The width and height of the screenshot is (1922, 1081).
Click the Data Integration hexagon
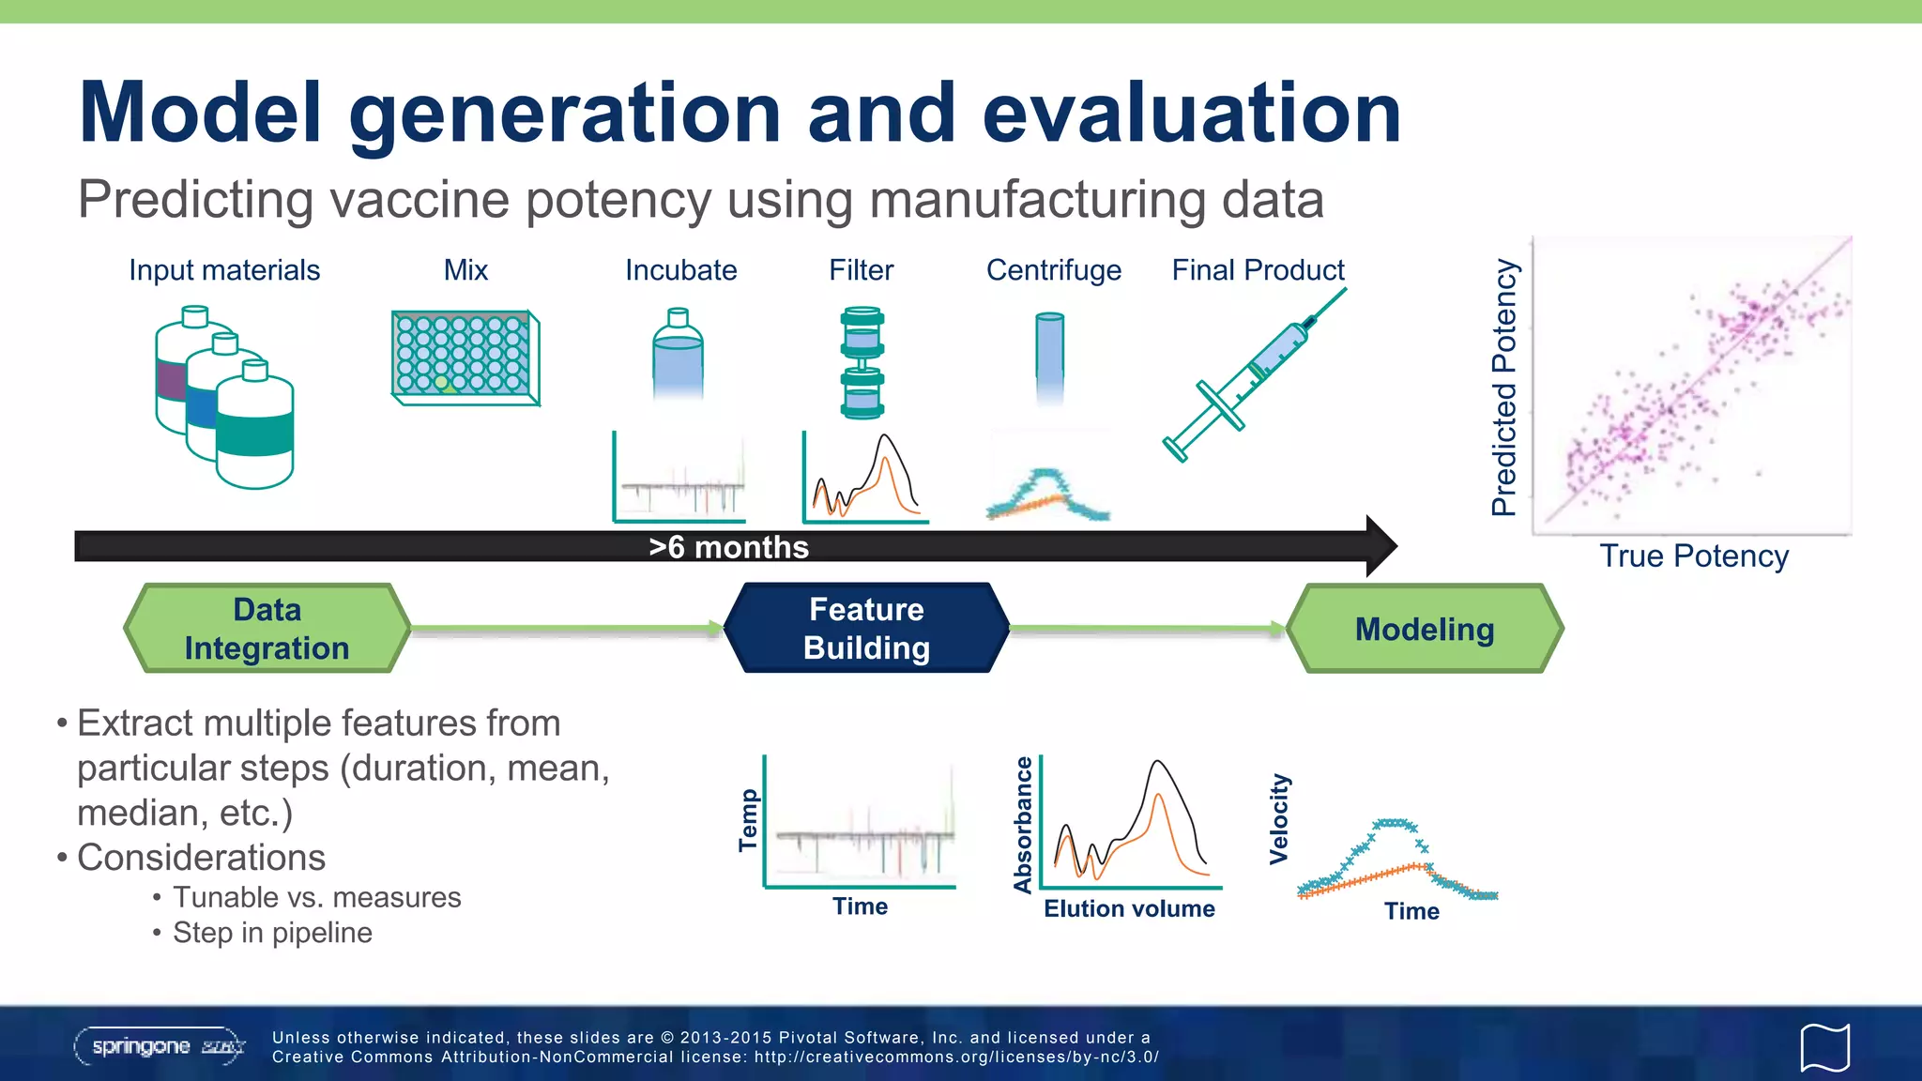click(267, 629)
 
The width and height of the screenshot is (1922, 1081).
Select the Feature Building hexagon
click(866, 629)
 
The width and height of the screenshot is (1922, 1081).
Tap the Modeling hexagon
click(1424, 629)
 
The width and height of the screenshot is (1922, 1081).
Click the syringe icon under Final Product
click(1253, 375)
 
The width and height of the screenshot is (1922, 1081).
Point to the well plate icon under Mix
click(465, 357)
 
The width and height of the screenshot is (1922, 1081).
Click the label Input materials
click(224, 270)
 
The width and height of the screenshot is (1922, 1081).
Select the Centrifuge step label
click(1053, 270)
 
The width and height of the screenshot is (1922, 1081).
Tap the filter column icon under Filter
click(862, 361)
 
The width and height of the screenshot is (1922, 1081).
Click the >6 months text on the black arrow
click(728, 547)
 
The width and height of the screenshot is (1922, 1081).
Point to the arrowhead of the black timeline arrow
click(1380, 546)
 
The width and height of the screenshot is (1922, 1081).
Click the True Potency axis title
click(1693, 556)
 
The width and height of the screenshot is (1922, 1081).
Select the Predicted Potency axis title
click(1504, 387)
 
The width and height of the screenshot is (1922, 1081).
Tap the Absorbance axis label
click(1023, 824)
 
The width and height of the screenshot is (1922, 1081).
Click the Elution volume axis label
click(1129, 908)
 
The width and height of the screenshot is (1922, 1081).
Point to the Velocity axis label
click(1279, 818)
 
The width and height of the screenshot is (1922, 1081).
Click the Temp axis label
click(748, 820)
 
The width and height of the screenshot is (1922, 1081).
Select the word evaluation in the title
click(1192, 113)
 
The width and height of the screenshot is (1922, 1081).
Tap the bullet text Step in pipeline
click(272, 933)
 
